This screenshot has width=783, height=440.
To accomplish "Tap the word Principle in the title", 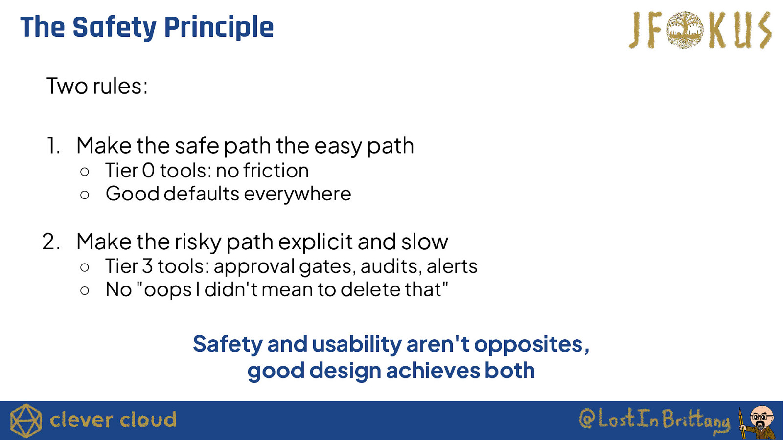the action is [x=219, y=27].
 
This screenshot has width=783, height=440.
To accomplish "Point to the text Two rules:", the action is [x=97, y=86].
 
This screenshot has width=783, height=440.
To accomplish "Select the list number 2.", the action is [x=51, y=242].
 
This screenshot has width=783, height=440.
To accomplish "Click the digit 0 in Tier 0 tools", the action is [x=149, y=171].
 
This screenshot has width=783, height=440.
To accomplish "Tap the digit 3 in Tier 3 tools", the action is [x=147, y=266].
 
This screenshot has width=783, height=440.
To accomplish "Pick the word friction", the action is [x=276, y=170].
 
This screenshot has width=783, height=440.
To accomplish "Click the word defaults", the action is [x=201, y=194].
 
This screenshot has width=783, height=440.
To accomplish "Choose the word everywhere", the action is [x=298, y=194].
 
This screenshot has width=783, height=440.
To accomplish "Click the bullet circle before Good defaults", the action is [x=85, y=195].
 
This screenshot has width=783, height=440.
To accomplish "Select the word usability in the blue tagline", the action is [x=357, y=344].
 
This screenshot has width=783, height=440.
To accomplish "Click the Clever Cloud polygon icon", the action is [x=26, y=421].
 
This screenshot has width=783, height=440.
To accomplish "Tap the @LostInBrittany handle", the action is [x=654, y=419].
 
